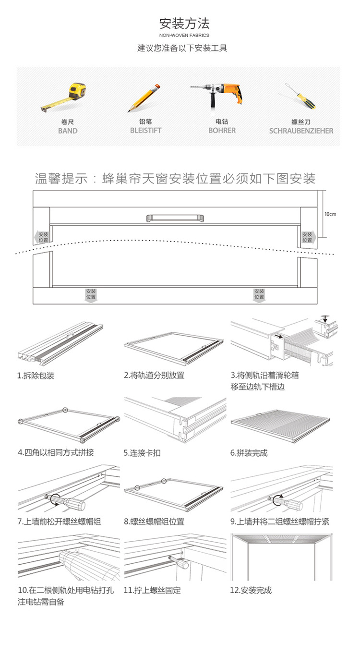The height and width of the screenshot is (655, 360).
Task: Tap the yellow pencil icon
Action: pos(144,98)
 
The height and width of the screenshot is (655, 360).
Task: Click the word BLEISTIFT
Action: pos(145,130)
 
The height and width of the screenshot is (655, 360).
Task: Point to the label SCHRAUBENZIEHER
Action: pos(301,131)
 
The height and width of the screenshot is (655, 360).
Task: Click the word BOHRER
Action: pos(222,130)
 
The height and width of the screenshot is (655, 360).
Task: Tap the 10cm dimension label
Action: pos(330,214)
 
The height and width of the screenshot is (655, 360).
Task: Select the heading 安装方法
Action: pos(184,23)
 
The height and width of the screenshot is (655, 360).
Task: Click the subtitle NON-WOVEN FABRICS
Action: pos(184,35)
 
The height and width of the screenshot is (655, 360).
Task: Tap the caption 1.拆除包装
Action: pos(36,376)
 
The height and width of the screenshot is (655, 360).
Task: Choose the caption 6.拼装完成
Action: pos(249,453)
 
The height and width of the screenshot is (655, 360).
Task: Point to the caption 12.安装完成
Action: pos(251,590)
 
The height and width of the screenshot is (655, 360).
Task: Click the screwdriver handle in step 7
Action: pos(72,503)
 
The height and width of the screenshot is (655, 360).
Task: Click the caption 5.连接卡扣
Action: pos(142,453)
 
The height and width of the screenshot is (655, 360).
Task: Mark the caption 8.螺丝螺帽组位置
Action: pos(154,522)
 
